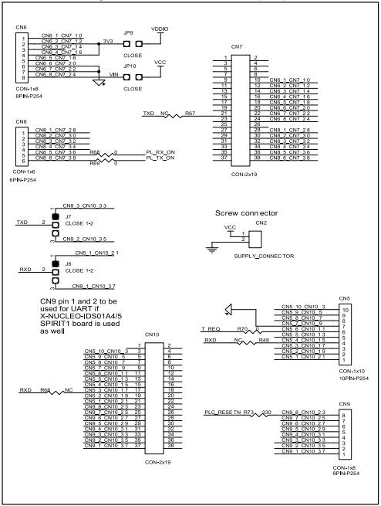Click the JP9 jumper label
[x=129, y=33]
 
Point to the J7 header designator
[x=69, y=216]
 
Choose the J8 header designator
[x=69, y=264]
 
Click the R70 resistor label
[x=241, y=328]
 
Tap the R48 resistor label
[x=263, y=340]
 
